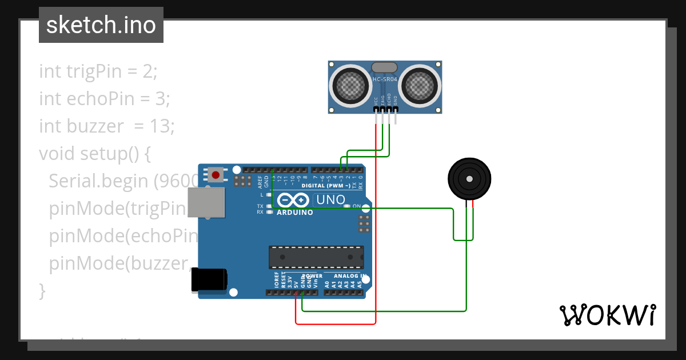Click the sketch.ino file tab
coord(101,25)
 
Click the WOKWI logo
coord(607,315)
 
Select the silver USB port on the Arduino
coord(207,202)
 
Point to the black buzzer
coord(469,179)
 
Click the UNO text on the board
coord(331,200)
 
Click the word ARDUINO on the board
coord(294,212)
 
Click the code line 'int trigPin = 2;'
coord(98,71)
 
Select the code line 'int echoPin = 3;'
coord(105,99)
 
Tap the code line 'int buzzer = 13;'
coord(107,126)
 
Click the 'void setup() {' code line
coord(94,154)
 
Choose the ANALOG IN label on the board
coord(349,276)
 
